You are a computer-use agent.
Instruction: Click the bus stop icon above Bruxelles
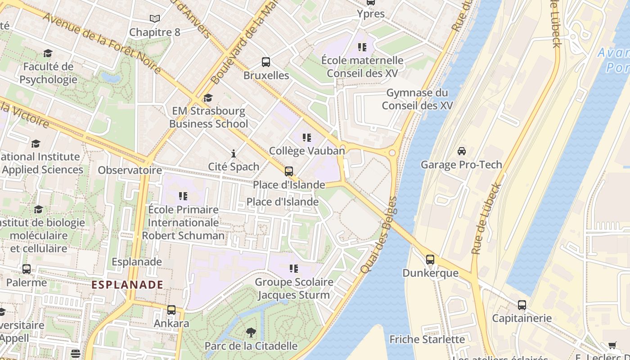(x=266, y=62)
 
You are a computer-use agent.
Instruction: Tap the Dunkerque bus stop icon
(x=430, y=260)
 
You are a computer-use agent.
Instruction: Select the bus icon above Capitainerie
(x=522, y=305)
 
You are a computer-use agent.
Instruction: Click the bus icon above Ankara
(x=171, y=310)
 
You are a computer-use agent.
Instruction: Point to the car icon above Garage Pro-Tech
(x=462, y=151)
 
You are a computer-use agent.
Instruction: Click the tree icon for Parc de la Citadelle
(x=251, y=333)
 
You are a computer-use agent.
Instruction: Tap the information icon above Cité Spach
(x=233, y=153)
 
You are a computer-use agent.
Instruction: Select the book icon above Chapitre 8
(x=155, y=19)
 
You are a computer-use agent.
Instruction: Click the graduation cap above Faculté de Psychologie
(x=48, y=54)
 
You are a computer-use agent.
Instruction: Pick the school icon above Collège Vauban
(x=307, y=138)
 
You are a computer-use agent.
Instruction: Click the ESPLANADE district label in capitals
(x=127, y=285)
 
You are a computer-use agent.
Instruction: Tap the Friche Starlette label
(x=427, y=339)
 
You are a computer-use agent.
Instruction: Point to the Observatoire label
(x=130, y=170)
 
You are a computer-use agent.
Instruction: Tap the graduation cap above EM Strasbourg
(x=207, y=98)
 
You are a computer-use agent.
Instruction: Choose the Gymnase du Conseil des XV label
(x=417, y=99)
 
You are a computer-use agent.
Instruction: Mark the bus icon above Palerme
(x=27, y=269)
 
